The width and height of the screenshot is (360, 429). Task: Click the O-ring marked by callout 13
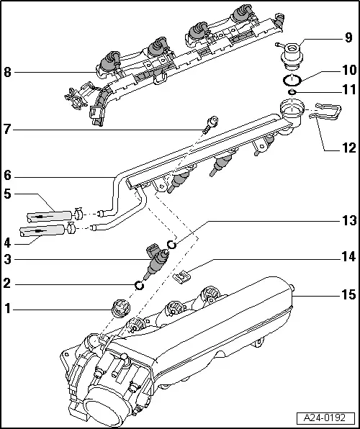coord(171,245)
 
